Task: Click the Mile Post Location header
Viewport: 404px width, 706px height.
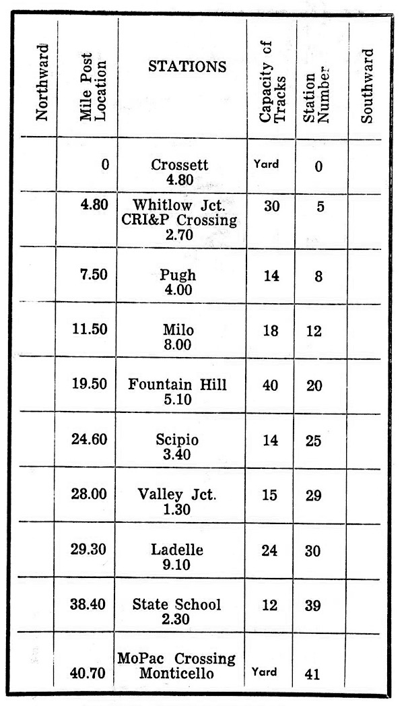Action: [x=93, y=83]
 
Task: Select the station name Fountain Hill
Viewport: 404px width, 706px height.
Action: [x=178, y=385]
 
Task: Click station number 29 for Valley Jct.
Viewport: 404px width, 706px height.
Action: [x=312, y=496]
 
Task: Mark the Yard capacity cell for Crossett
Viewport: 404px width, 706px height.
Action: [x=269, y=164]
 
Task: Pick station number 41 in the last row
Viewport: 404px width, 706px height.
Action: [x=312, y=672]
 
